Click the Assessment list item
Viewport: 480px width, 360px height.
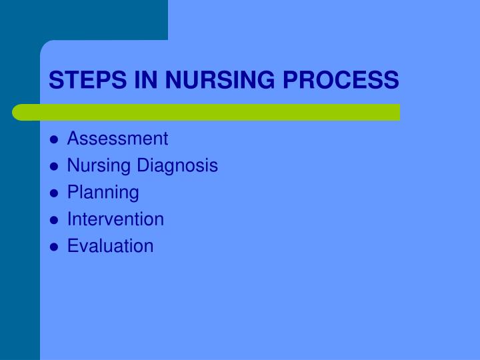click(x=118, y=139)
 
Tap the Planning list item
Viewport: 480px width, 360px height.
click(x=103, y=193)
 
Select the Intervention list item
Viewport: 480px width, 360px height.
click(x=115, y=219)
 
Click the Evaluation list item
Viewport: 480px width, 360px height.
click(x=111, y=246)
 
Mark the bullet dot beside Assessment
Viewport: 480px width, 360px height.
click(x=54, y=140)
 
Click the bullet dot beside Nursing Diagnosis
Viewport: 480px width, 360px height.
click(x=54, y=167)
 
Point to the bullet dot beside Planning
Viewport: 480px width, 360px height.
click(x=54, y=193)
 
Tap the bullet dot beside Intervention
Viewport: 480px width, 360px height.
click(x=54, y=220)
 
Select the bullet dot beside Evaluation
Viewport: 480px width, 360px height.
click(x=54, y=247)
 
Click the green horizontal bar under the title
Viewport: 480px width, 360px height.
click(x=207, y=112)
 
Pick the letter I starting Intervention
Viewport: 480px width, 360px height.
click(x=70, y=219)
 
